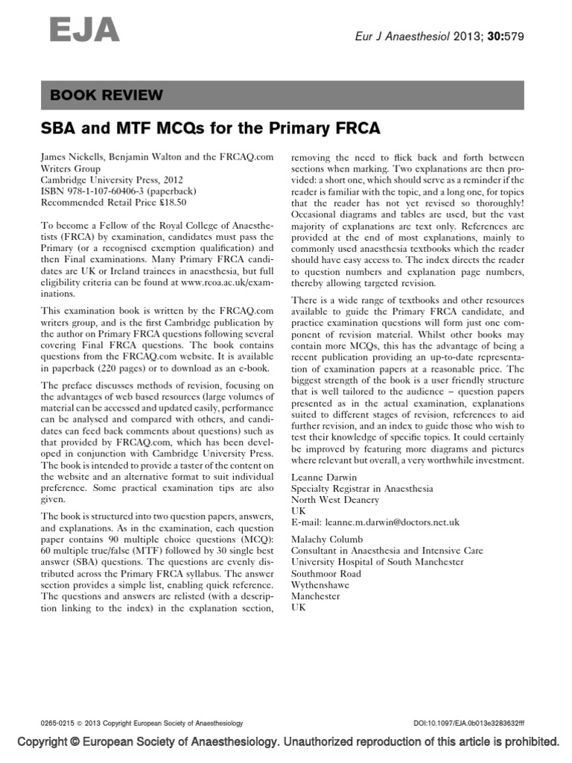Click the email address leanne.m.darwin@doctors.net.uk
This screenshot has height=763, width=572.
pyautogui.click(x=395, y=522)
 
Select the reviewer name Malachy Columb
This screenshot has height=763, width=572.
pyautogui.click(x=327, y=539)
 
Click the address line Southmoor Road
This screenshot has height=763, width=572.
pyautogui.click(x=326, y=573)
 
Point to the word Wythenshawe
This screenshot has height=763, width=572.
pyautogui.click(x=321, y=584)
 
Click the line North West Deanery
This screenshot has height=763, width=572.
pyautogui.click(x=334, y=500)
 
